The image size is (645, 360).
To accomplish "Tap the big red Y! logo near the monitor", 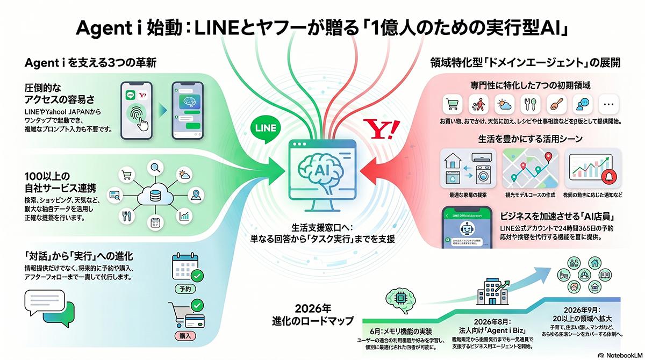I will [382, 129].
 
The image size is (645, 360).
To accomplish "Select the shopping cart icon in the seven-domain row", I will [451, 105].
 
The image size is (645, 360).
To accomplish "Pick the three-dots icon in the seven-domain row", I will [608, 105].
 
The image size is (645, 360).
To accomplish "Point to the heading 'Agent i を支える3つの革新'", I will [91, 63].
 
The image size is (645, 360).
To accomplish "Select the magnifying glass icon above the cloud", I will [156, 166].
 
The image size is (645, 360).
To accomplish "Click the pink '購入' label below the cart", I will [184, 337].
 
